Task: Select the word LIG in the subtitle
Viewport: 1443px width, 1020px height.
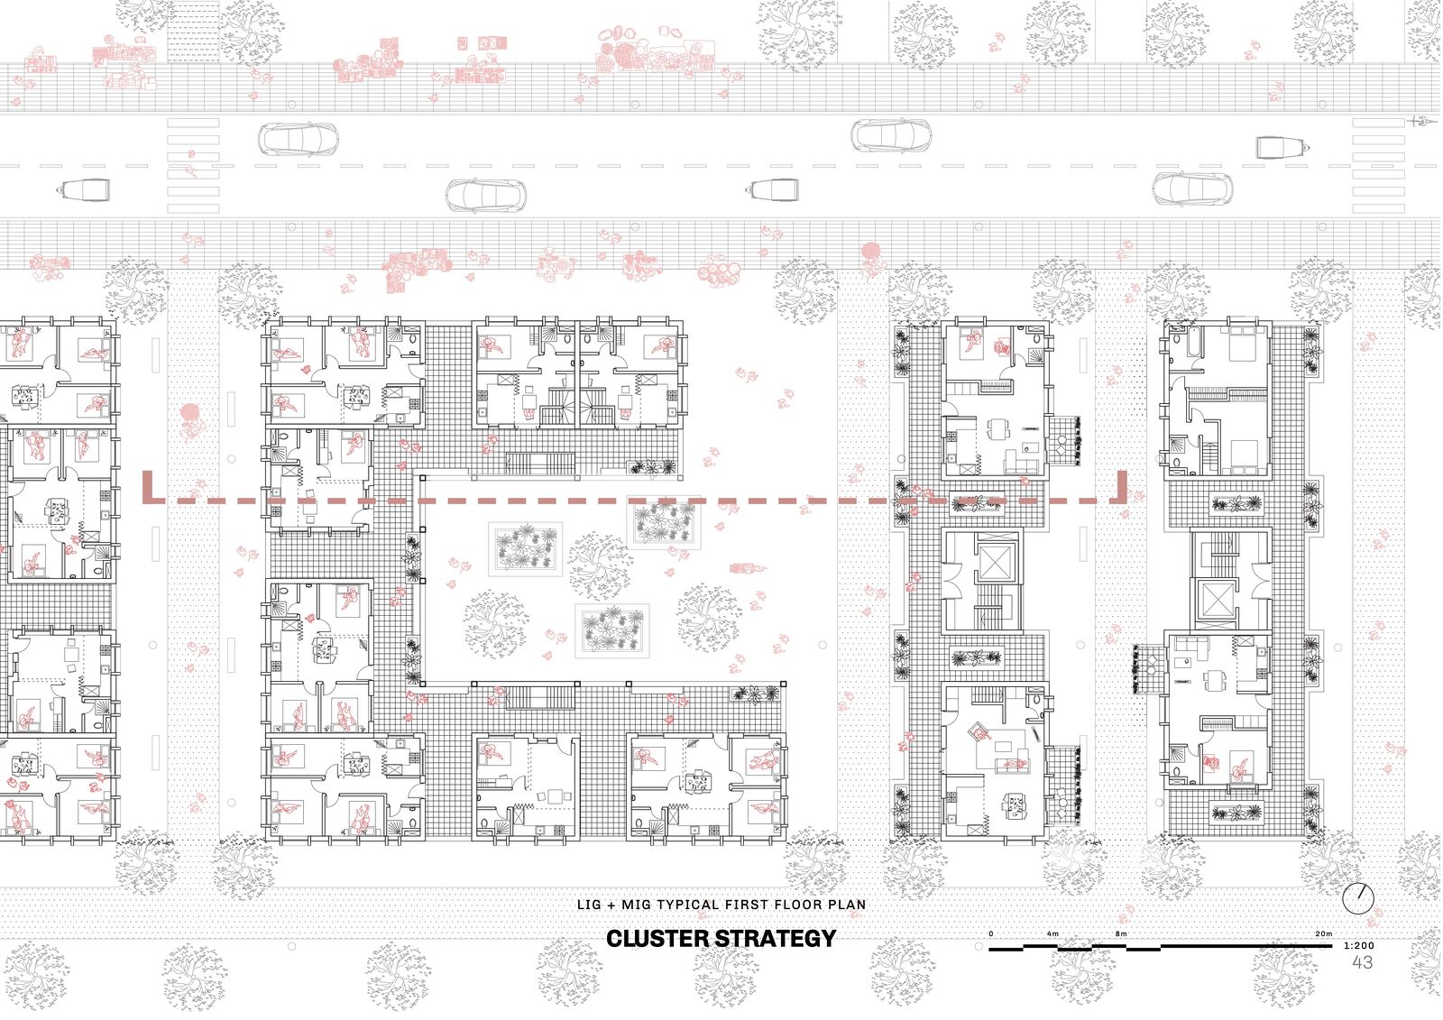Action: (589, 905)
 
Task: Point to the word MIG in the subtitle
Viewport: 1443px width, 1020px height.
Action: (634, 905)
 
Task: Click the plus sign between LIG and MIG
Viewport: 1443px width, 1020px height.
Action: (611, 905)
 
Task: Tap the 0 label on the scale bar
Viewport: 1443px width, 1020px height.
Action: (991, 933)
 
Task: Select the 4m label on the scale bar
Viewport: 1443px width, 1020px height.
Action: (1052, 933)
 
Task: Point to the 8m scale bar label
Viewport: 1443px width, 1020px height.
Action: (1122, 933)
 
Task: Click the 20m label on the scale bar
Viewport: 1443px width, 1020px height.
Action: (1324, 933)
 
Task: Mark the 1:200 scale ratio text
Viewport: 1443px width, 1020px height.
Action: (1359, 946)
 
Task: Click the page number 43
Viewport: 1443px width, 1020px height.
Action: (1363, 962)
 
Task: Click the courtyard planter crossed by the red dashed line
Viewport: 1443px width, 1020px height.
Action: (664, 522)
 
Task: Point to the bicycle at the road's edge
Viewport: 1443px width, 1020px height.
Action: (1421, 121)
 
